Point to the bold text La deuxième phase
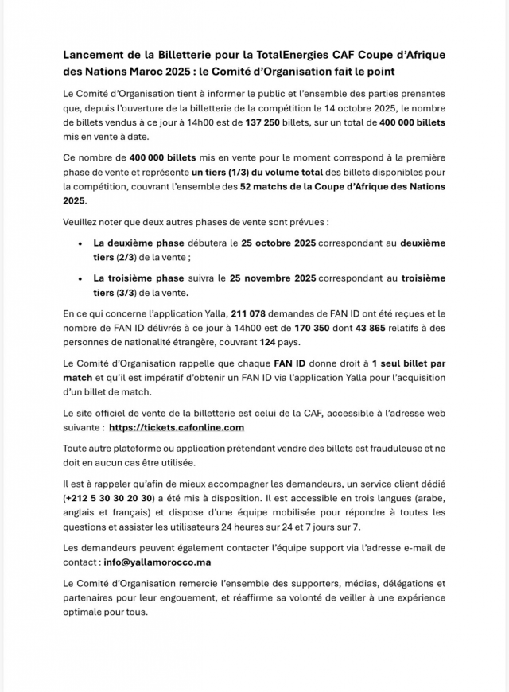(138, 243)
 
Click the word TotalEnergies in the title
(294, 55)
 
